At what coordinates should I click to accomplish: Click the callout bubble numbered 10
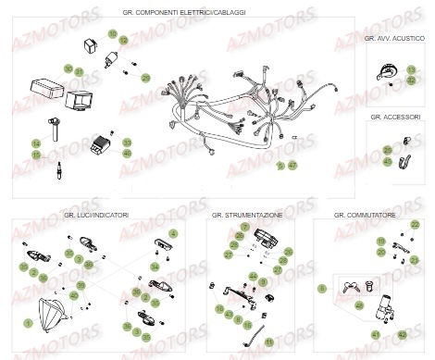112,33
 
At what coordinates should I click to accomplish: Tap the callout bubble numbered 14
36,143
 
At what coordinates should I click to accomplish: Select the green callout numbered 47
293,165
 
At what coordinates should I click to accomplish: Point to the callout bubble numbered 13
411,69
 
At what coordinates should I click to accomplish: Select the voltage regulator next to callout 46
98,145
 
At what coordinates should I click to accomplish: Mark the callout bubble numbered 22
415,225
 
